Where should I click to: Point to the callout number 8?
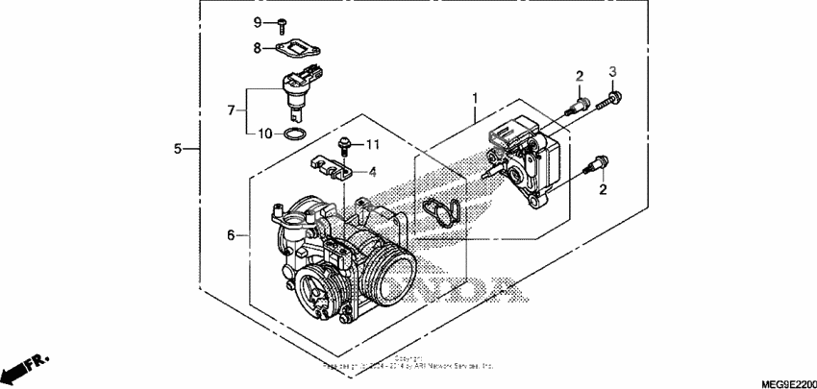pos(258,48)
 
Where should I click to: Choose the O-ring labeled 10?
pos(299,132)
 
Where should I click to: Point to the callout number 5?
pos(178,149)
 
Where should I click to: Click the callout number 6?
pos(231,235)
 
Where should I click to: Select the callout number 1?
pos(473,98)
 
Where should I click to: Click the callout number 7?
pos(231,111)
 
